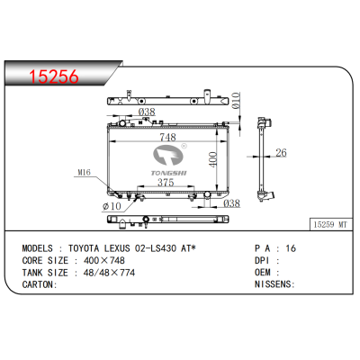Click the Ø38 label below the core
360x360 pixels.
(230, 203)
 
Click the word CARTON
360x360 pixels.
(37, 284)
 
